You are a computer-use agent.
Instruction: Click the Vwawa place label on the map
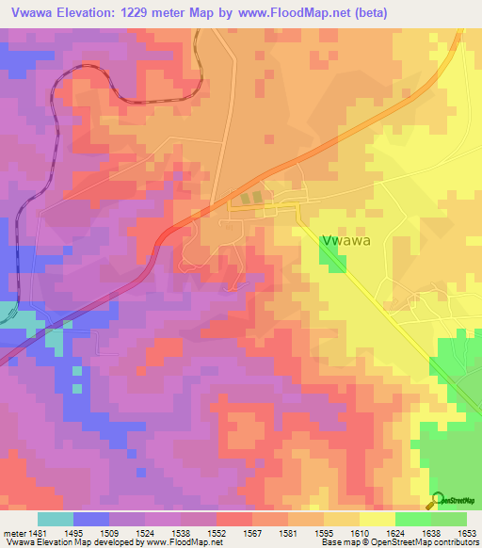coord(345,240)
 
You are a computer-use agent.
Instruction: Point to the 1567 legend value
coord(252,533)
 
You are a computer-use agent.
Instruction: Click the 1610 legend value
coord(359,533)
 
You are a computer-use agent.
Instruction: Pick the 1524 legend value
coord(146,533)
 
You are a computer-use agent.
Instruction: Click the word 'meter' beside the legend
coord(13,533)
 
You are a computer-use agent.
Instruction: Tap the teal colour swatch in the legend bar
coord(56,519)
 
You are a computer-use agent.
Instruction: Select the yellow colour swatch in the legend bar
coord(377,519)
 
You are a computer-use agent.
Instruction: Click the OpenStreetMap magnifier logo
coord(436,499)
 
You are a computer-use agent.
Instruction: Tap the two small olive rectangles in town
coord(250,198)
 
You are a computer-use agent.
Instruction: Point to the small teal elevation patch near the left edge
coord(8,314)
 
